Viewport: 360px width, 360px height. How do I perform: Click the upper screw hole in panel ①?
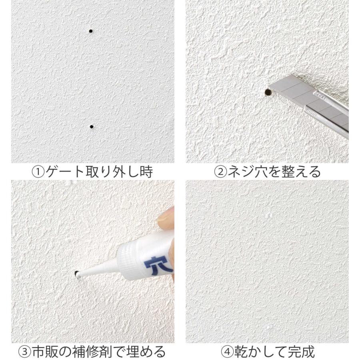pos(91,31)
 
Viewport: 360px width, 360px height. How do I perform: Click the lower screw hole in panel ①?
pos(92,127)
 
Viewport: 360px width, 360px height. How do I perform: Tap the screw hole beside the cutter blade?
pos(268,92)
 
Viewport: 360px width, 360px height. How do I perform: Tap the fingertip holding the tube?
pos(166,218)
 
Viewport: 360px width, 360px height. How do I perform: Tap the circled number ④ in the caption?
pos(228,352)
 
